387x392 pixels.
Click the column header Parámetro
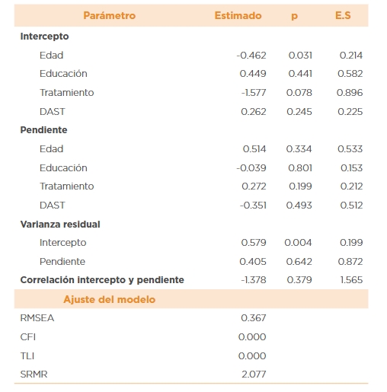pyautogui.click(x=110, y=15)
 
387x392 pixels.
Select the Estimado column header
pyautogui.click(x=238, y=15)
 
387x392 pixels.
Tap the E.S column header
pyautogui.click(x=342, y=15)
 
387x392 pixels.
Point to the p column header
pyautogui.click(x=294, y=15)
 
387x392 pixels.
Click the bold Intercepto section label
pyautogui.click(x=44, y=37)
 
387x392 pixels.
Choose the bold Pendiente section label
pyautogui.click(x=43, y=130)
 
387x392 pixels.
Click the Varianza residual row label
pyautogui.click(x=60, y=224)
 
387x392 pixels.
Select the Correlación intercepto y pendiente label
pyautogui.click(x=102, y=280)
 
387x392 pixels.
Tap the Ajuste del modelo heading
pyautogui.click(x=109, y=299)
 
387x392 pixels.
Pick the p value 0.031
pyautogui.click(x=300, y=56)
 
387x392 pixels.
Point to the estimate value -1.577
pyautogui.click(x=253, y=93)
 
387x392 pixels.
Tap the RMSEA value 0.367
pyautogui.click(x=253, y=317)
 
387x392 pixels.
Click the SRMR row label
pyautogui.click(x=34, y=374)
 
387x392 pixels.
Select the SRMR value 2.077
pyautogui.click(x=253, y=374)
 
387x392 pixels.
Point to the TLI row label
pyautogui.click(x=27, y=355)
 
